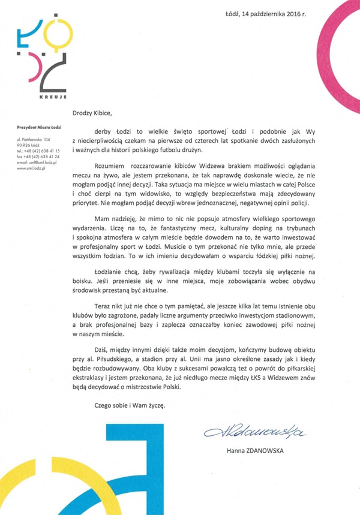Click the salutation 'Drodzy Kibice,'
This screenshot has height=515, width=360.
pyautogui.click(x=92, y=111)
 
